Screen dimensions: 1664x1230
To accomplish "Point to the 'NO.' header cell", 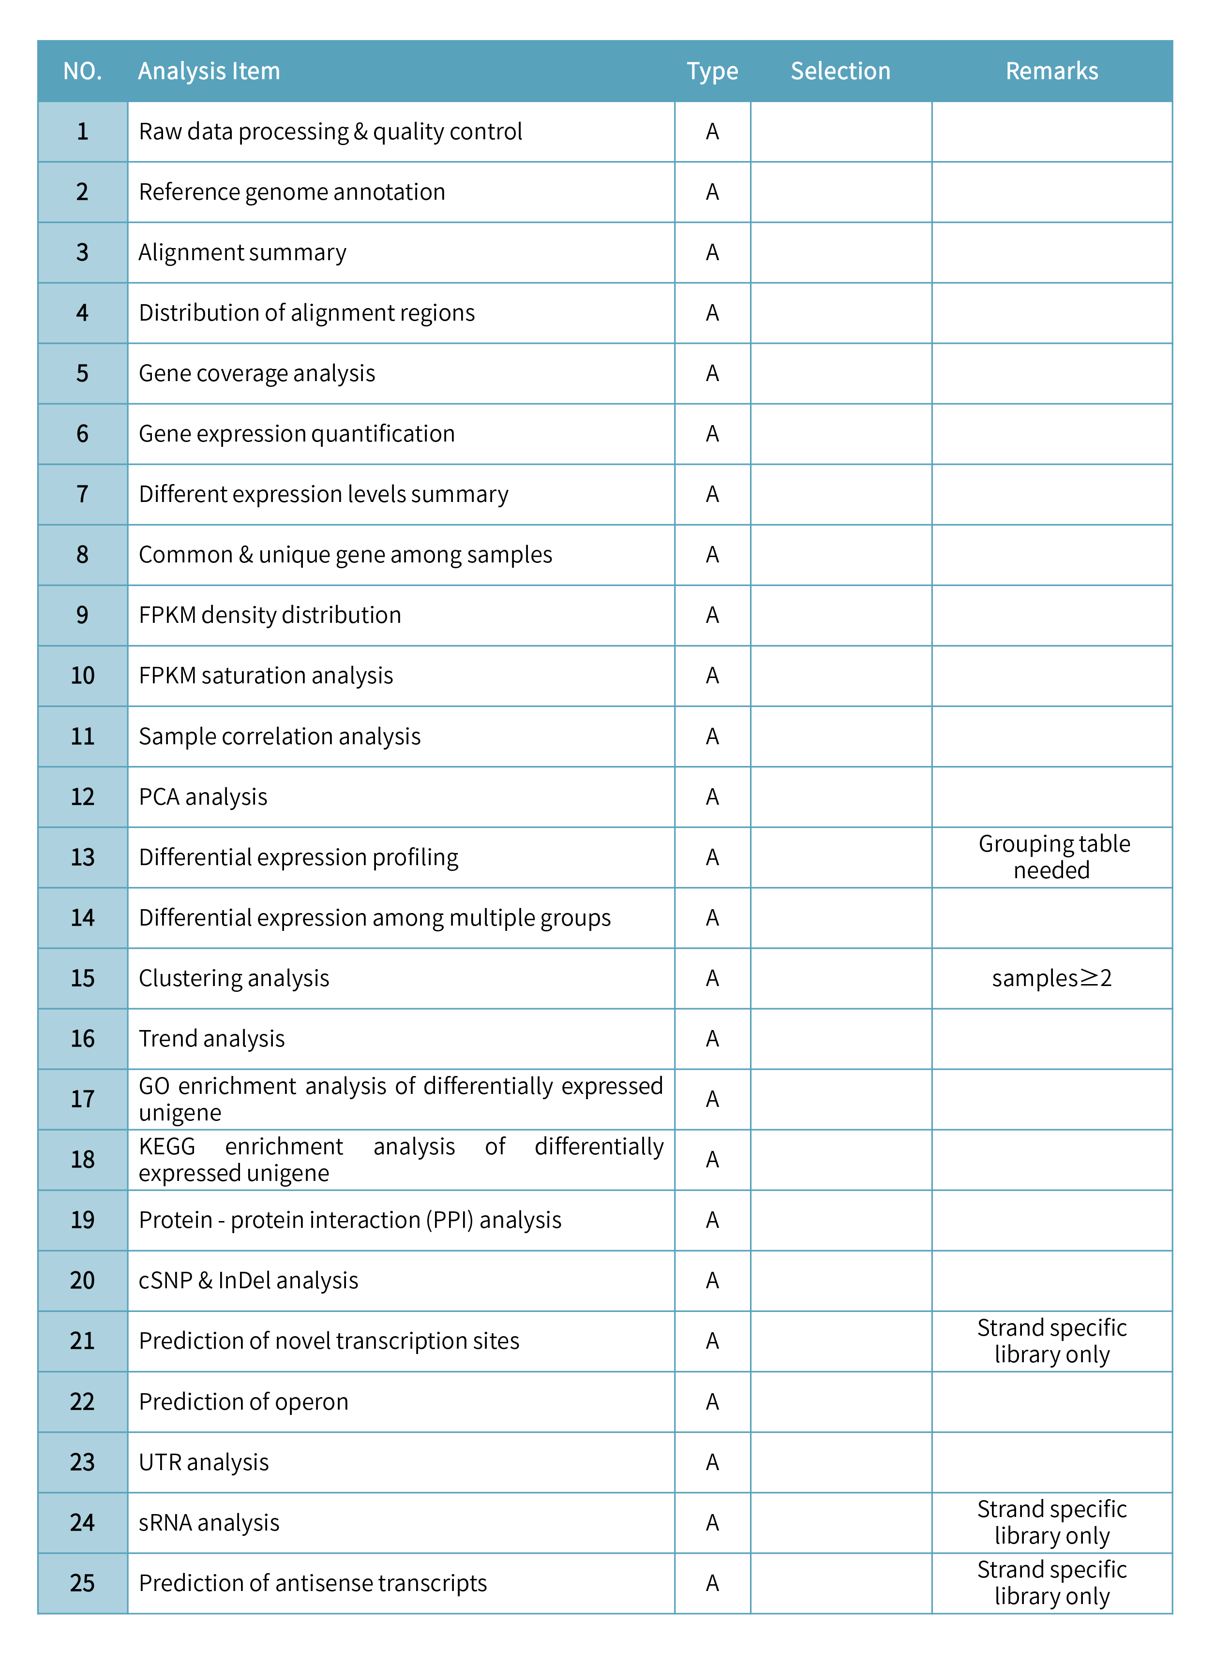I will [83, 72].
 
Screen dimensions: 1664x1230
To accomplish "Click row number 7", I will [83, 494].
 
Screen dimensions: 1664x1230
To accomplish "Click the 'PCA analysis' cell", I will [203, 797].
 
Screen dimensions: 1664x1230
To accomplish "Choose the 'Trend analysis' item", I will [212, 1039].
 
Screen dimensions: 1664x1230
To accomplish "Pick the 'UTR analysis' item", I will [204, 1462].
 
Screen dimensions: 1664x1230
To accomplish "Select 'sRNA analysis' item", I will [209, 1523].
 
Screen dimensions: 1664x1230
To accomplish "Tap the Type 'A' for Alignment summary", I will [713, 253].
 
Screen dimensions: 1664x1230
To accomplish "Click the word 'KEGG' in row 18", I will [167, 1147].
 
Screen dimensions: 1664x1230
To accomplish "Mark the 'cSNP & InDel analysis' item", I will [249, 1281].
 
